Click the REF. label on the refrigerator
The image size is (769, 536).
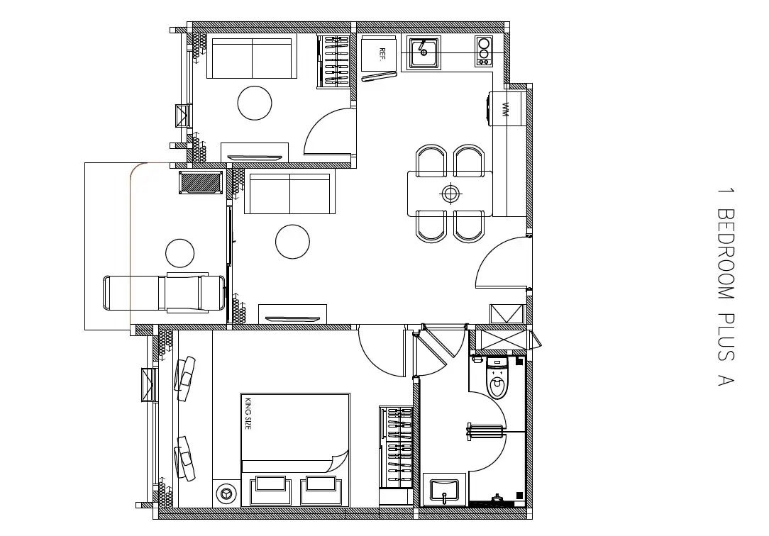[x=382, y=54]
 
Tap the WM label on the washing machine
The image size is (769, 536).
[x=505, y=110]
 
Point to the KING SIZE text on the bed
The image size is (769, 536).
[x=248, y=414]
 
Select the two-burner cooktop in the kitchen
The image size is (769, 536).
[x=484, y=50]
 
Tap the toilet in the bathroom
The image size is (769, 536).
[x=497, y=378]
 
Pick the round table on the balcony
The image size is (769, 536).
[x=180, y=253]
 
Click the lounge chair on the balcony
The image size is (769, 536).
[x=165, y=293]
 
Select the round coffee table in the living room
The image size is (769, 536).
[x=293, y=242]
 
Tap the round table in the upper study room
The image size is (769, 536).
[x=255, y=103]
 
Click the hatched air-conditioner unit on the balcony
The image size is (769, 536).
[x=201, y=182]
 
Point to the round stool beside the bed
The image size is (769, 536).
[x=226, y=493]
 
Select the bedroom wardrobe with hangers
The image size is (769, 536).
[x=397, y=447]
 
